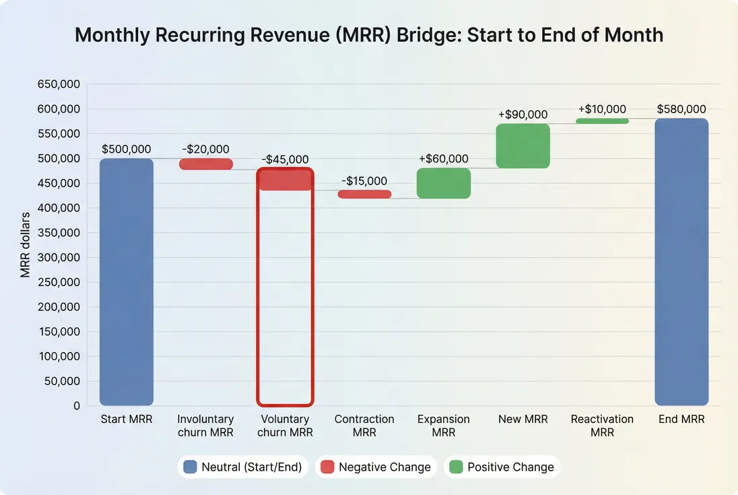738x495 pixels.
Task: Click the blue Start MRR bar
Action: click(x=127, y=282)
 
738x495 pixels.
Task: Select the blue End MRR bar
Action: click(x=681, y=262)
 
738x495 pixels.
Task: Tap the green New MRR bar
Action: click(x=523, y=145)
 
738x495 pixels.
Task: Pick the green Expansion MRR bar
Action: click(x=444, y=183)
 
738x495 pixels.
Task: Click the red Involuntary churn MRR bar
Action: click(x=205, y=164)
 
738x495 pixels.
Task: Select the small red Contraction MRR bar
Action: click(x=364, y=194)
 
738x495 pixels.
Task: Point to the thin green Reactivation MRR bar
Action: click(x=602, y=121)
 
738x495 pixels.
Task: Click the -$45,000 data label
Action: click(x=285, y=160)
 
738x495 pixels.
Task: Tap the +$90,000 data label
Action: click(x=523, y=115)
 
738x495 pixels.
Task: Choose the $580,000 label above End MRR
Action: click(x=681, y=109)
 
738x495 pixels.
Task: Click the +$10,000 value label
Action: click(x=602, y=109)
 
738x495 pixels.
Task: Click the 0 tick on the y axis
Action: click(x=77, y=405)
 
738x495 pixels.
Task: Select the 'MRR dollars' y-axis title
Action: click(x=25, y=245)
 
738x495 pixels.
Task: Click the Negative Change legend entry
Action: click(x=375, y=467)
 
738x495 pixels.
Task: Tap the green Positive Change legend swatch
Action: click(x=456, y=467)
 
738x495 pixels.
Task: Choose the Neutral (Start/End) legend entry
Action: click(x=242, y=467)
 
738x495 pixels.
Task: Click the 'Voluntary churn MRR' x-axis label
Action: click(x=285, y=426)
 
